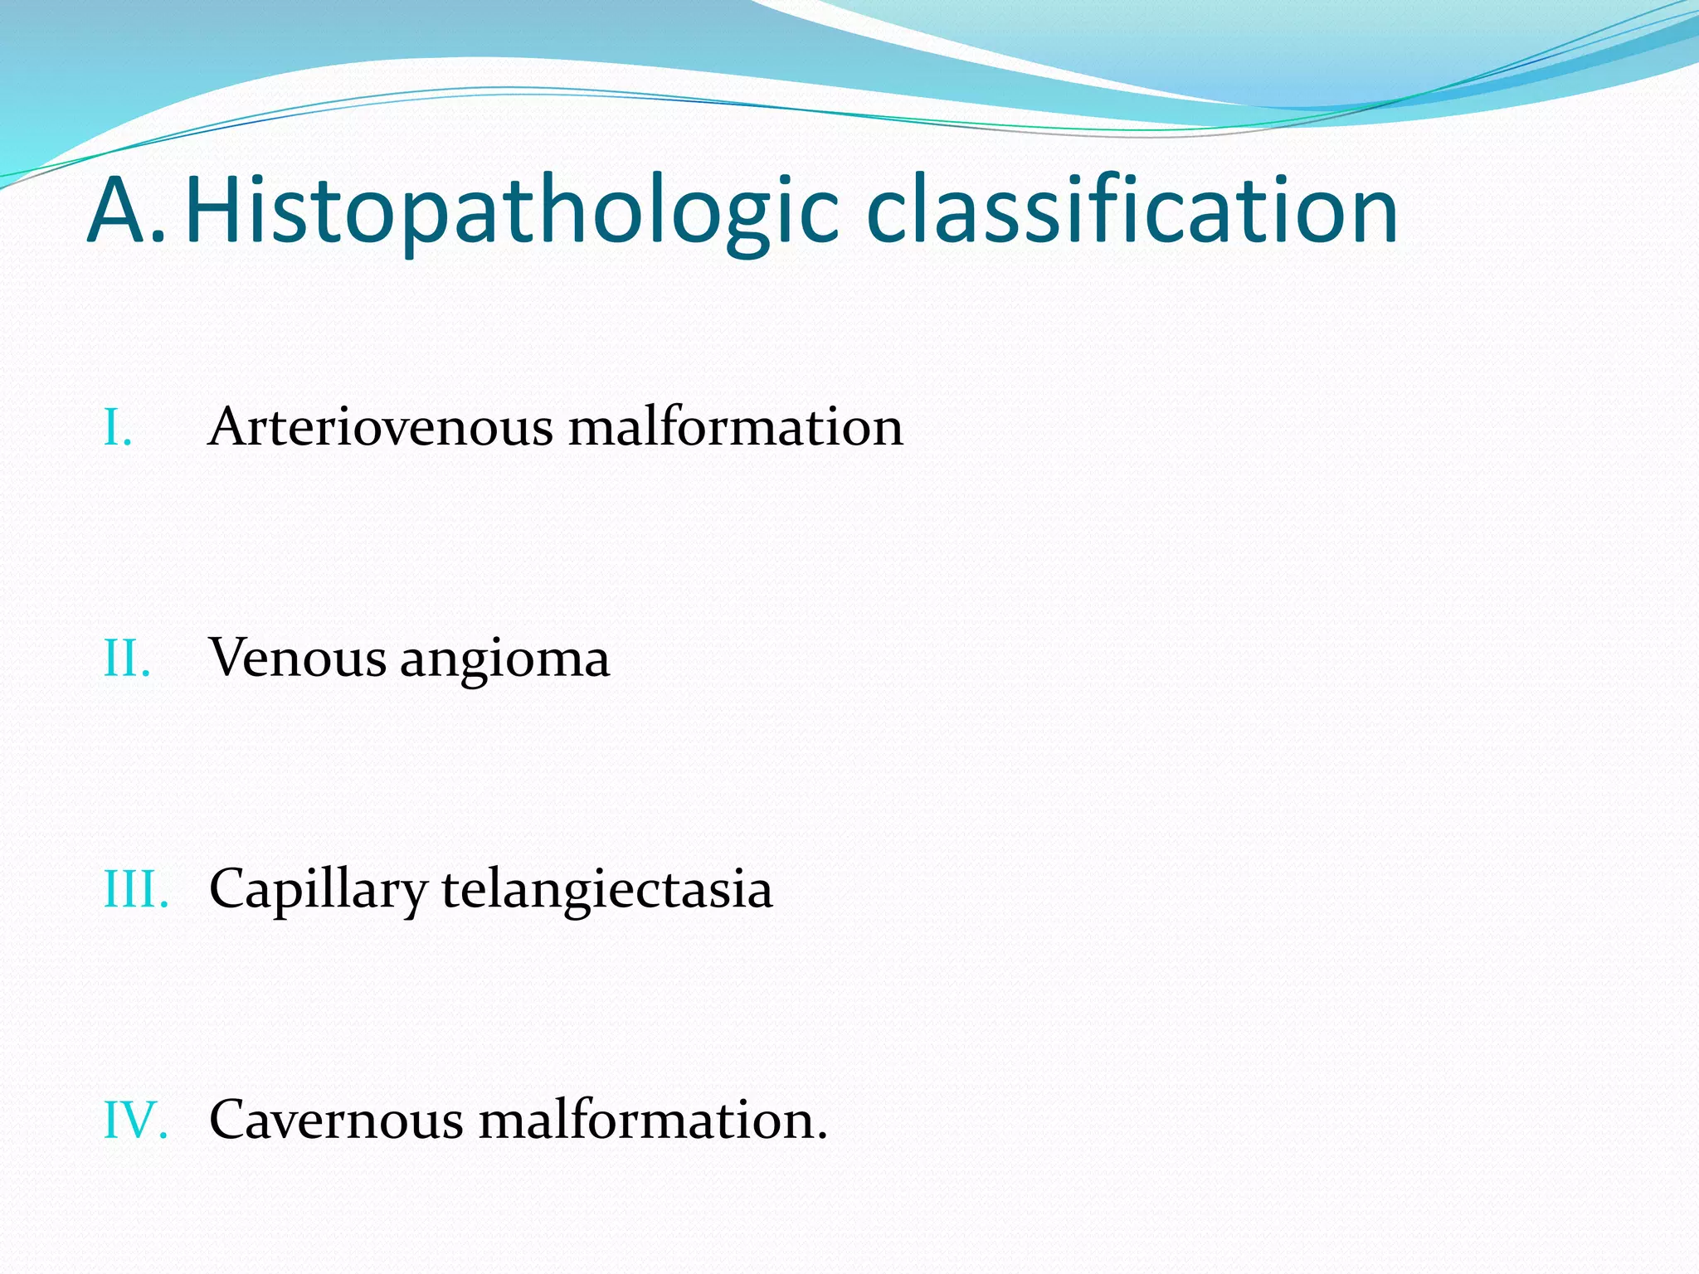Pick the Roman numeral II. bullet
[127, 659]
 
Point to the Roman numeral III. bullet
[136, 890]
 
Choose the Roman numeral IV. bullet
[135, 1121]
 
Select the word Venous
[298, 659]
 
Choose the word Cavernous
[336, 1121]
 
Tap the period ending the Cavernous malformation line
[822, 1136]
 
